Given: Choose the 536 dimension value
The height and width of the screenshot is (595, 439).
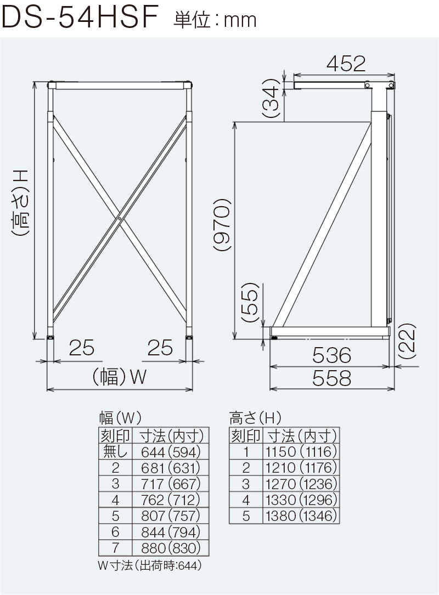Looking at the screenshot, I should (331, 355).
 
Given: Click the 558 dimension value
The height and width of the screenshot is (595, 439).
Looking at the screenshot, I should (331, 378).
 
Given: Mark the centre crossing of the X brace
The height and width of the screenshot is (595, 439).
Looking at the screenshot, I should (120, 219).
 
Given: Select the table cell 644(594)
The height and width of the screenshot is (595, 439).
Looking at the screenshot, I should (171, 452).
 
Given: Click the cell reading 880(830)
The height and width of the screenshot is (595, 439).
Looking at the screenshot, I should (171, 548).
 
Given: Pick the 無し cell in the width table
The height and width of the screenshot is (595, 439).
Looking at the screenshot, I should (115, 452).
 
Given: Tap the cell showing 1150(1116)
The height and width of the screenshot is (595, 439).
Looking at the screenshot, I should (300, 452).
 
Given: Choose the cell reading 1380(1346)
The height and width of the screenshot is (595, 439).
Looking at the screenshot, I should (300, 516).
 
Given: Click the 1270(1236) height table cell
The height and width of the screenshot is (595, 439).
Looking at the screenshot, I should (300, 484).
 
